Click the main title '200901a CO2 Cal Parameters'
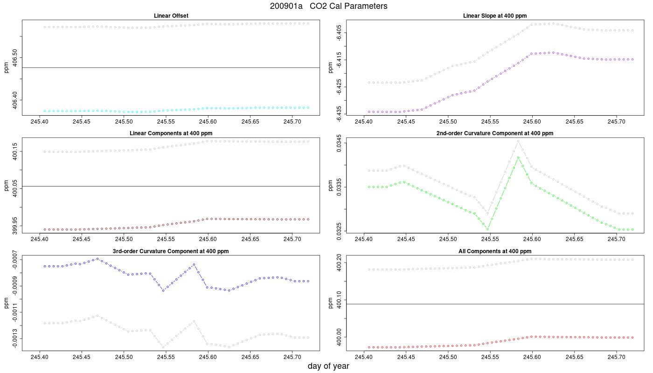(328, 6)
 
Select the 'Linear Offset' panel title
(171, 16)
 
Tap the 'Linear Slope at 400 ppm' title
(495, 16)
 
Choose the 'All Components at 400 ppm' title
(495, 251)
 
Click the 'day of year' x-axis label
(328, 366)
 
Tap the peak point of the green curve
(518, 158)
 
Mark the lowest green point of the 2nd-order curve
(487, 229)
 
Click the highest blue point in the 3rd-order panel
(97, 259)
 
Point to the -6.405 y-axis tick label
(339, 33)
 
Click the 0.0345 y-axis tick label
(339, 143)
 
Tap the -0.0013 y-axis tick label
(15, 338)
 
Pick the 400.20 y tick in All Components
(339, 263)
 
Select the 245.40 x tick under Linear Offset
(39, 122)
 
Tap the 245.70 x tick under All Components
(617, 357)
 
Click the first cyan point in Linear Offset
(45, 111)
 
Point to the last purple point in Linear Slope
(632, 60)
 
